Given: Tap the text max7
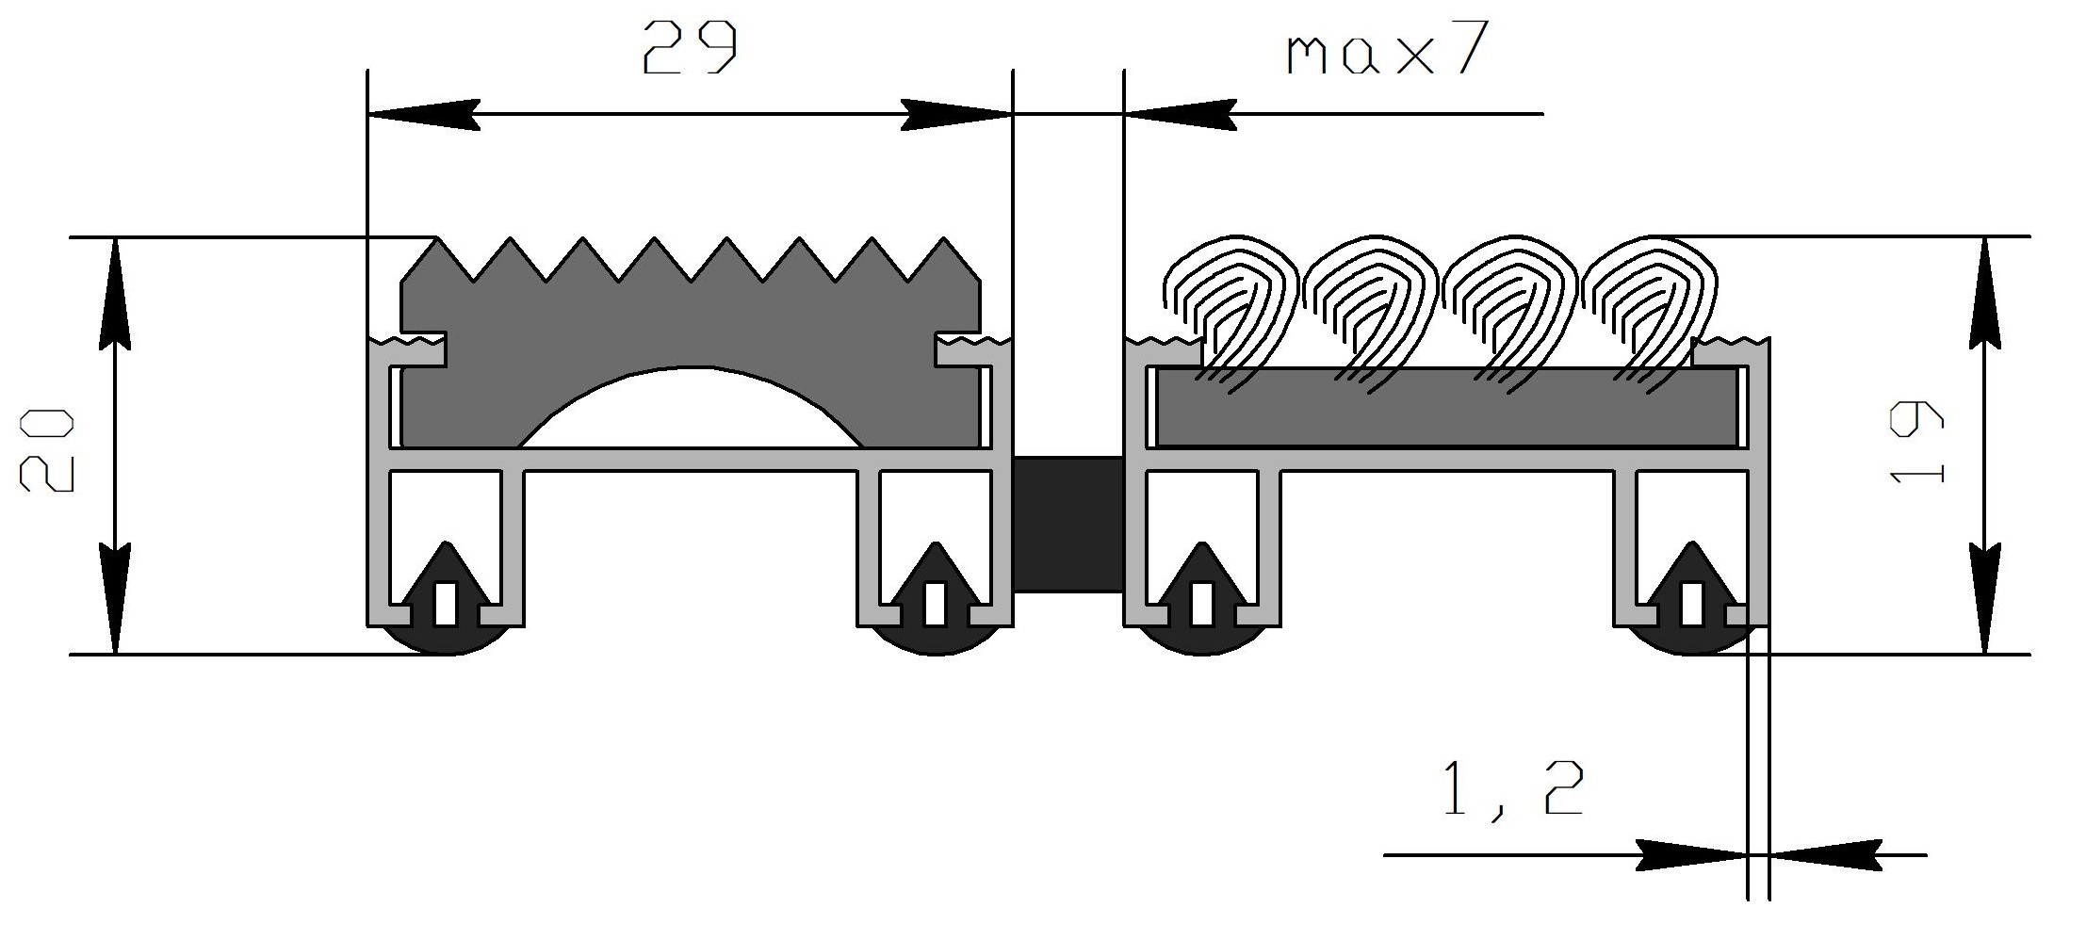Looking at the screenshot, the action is (x=1388, y=49).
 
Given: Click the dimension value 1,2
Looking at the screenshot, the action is (x=1512, y=789).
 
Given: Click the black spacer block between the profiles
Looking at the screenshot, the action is (x=1068, y=524).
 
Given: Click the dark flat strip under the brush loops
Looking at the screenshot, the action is (x=1447, y=407).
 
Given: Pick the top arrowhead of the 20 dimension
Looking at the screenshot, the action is (x=115, y=292).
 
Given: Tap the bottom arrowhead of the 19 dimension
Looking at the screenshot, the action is (x=1985, y=599).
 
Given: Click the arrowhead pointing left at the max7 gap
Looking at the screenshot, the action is (x=1180, y=114).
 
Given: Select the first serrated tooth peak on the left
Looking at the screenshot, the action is (x=436, y=237).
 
